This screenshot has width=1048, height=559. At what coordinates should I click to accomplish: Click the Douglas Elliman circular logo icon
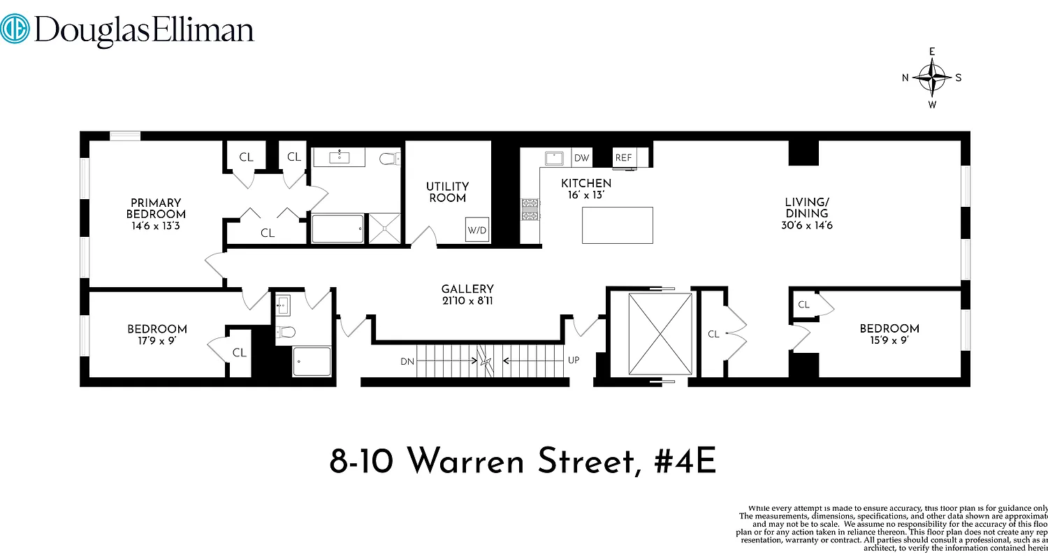15,30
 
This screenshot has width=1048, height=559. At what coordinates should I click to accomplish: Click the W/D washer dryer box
477,230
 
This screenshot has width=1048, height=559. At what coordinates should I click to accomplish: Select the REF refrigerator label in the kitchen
623,158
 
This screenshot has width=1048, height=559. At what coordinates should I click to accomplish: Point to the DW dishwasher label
581,158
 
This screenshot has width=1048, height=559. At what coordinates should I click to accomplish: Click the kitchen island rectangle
617,225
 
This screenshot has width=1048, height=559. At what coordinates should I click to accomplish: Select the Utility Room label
447,192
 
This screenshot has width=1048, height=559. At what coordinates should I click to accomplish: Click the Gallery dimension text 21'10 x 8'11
467,301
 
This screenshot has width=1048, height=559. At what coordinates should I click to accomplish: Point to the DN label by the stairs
408,362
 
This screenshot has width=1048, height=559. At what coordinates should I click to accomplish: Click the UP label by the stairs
574,361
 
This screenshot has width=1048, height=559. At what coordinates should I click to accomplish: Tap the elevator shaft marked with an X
660,334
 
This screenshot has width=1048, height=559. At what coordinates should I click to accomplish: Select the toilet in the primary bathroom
388,159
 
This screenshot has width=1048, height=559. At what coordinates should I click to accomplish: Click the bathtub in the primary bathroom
337,229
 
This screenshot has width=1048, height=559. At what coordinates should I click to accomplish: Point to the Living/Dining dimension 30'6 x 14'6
807,226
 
